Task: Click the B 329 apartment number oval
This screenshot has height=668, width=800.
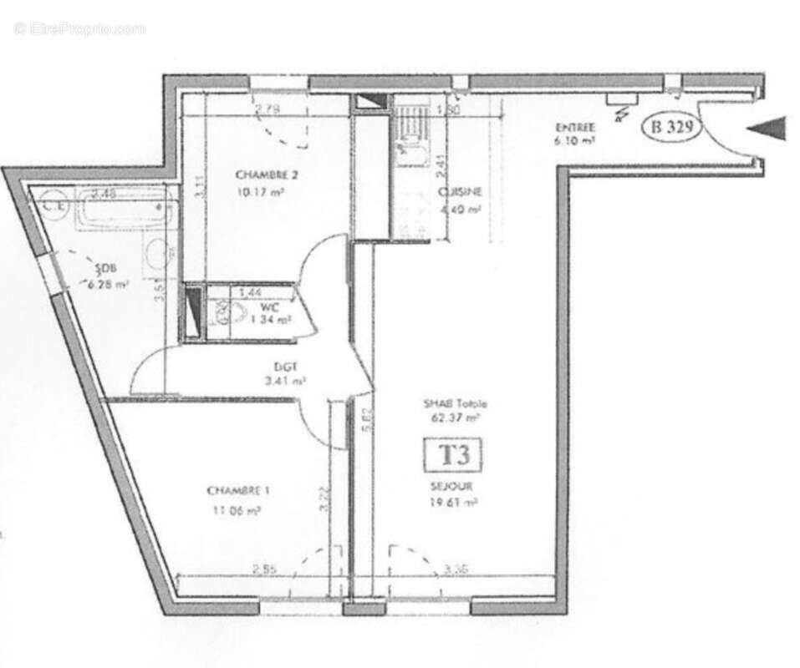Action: click(670, 128)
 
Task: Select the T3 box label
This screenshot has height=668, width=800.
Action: click(454, 456)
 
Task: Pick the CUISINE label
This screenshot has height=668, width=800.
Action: click(461, 192)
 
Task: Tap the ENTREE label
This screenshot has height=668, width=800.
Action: click(575, 128)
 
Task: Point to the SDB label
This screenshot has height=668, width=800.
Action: click(105, 269)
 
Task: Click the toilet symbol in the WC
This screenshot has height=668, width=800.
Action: click(224, 314)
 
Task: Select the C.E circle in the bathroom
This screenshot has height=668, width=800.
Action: click(53, 203)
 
